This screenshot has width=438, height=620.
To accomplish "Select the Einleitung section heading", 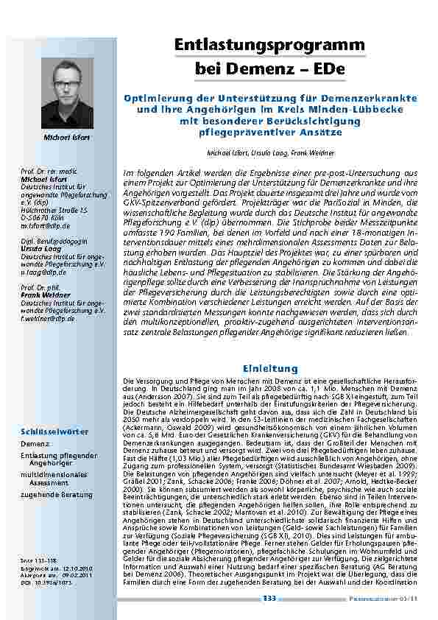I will [x=269, y=368].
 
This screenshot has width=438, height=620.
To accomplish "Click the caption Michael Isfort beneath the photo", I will [x=67, y=137].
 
